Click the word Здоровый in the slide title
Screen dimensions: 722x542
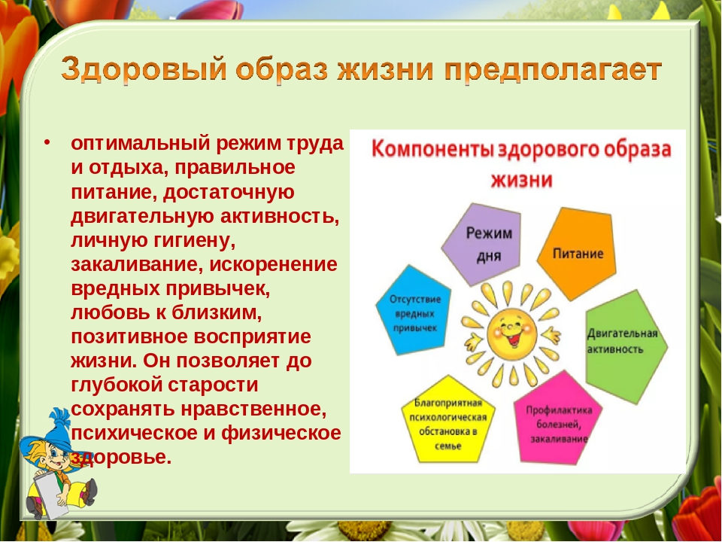pyautogui.click(x=144, y=69)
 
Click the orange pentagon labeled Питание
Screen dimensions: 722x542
pyautogui.click(x=577, y=254)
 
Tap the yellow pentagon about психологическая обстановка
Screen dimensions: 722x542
pyautogui.click(x=447, y=421)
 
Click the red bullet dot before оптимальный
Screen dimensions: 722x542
pyautogui.click(x=47, y=142)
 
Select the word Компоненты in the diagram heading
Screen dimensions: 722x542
pyautogui.click(x=432, y=151)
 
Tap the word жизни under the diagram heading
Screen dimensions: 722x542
pyautogui.click(x=521, y=180)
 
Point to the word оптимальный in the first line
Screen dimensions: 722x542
pyautogui.click(x=141, y=145)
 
